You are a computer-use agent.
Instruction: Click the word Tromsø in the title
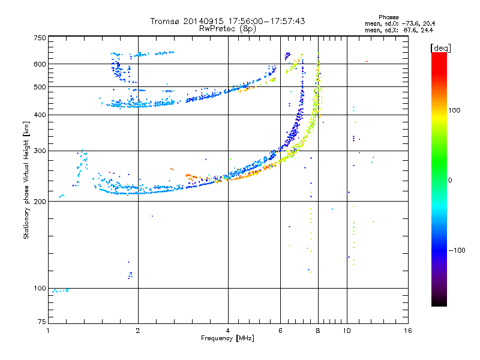click(x=166, y=21)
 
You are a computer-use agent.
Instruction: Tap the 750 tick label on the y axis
click(x=40, y=38)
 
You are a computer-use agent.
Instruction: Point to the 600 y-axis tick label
click(x=40, y=64)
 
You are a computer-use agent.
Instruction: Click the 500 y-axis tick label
click(x=40, y=87)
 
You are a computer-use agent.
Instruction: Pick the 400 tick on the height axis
click(x=40, y=115)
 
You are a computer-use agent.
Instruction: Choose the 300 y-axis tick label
click(x=40, y=151)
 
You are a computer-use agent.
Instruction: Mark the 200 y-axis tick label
click(x=40, y=202)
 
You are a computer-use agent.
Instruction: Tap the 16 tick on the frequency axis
click(x=407, y=331)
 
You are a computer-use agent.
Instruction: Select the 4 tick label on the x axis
click(x=228, y=331)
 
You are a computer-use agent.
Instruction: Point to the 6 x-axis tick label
click(x=280, y=331)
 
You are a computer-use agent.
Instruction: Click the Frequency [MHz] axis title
click(x=227, y=338)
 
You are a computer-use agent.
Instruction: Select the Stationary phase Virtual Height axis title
click(x=26, y=180)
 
